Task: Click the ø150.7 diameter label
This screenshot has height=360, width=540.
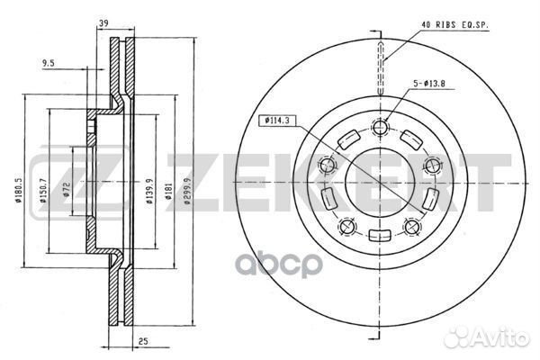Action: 43,192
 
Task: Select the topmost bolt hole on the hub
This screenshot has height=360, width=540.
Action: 380,127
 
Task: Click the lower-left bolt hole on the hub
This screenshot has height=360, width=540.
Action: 346,225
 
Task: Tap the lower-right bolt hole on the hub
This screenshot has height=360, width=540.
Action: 413,226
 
